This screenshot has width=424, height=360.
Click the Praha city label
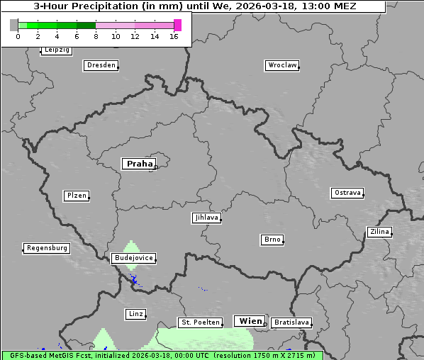point(139,164)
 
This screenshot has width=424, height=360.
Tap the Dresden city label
point(100,65)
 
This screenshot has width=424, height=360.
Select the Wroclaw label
point(281,65)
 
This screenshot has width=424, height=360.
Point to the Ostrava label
point(347,193)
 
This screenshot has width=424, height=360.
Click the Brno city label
point(272,240)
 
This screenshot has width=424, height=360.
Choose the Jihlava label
point(206,218)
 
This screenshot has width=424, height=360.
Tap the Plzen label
point(76,196)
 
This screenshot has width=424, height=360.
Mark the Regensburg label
point(47,248)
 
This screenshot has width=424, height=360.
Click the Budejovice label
point(133,258)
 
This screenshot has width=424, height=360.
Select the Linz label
point(135,313)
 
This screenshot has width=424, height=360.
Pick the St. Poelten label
point(201,322)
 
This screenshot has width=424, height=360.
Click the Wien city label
point(250,321)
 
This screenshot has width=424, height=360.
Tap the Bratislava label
point(291,322)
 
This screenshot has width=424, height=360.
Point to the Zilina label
point(379,232)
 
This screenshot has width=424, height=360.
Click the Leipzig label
point(56,50)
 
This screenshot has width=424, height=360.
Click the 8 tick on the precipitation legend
point(96,36)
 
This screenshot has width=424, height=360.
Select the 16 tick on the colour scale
point(174,36)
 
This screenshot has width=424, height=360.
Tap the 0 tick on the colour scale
point(18,36)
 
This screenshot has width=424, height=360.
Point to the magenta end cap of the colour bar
point(177,25)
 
